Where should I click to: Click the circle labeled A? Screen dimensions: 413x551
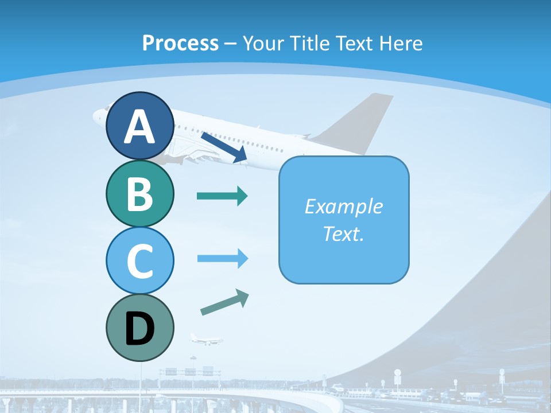pyautogui.click(x=139, y=126)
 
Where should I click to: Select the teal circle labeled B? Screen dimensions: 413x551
pyautogui.click(x=139, y=193)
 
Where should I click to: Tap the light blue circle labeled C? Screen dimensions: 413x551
pyautogui.click(x=139, y=260)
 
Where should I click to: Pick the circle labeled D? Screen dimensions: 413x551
pyautogui.click(x=139, y=328)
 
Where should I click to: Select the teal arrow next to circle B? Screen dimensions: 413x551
pyautogui.click(x=222, y=196)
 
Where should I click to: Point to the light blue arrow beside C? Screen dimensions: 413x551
pyautogui.click(x=222, y=259)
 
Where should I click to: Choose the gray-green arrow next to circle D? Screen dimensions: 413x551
pyautogui.click(x=224, y=303)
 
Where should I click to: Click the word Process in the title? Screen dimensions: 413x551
pyautogui.click(x=180, y=43)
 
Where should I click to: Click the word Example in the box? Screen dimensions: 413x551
pyautogui.click(x=343, y=206)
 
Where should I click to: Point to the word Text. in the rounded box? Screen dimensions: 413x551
pyautogui.click(x=343, y=233)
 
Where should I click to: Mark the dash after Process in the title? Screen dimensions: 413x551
pyautogui.click(x=231, y=44)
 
